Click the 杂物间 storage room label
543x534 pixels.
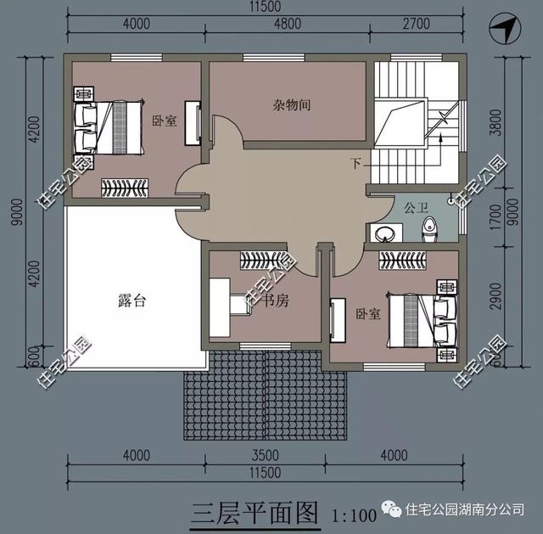[291, 105]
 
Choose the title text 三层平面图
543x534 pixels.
[253, 513]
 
